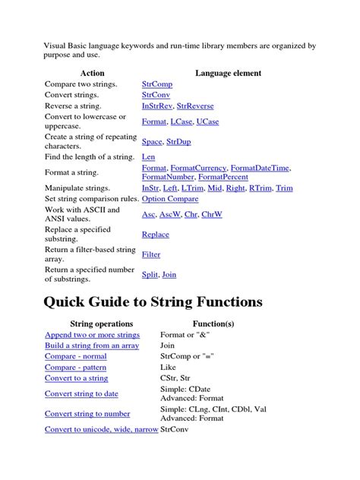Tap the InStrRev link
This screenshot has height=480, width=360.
(157, 108)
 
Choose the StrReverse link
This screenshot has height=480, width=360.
(200, 108)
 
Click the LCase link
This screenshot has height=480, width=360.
(182, 121)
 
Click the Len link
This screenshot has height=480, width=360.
(148, 157)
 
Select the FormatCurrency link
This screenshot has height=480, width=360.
(201, 168)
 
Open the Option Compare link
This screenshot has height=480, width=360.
(170, 199)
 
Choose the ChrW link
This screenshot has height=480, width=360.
(213, 215)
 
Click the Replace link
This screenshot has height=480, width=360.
(156, 235)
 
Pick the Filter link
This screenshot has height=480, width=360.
(151, 255)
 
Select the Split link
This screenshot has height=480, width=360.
(150, 275)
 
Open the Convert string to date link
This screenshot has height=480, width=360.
(81, 393)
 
